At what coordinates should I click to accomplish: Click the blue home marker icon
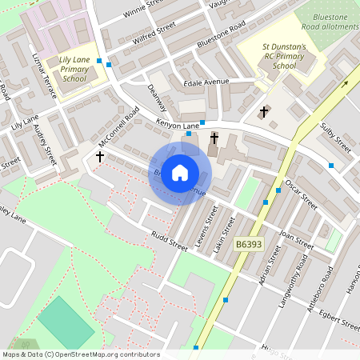point(180,173)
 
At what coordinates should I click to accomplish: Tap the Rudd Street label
point(169,241)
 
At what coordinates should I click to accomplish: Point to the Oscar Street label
point(303,194)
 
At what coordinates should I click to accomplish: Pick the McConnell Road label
point(113,133)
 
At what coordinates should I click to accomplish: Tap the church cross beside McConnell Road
point(100,157)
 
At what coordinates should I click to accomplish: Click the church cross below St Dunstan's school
point(265,112)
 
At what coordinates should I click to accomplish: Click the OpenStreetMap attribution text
point(80,354)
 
